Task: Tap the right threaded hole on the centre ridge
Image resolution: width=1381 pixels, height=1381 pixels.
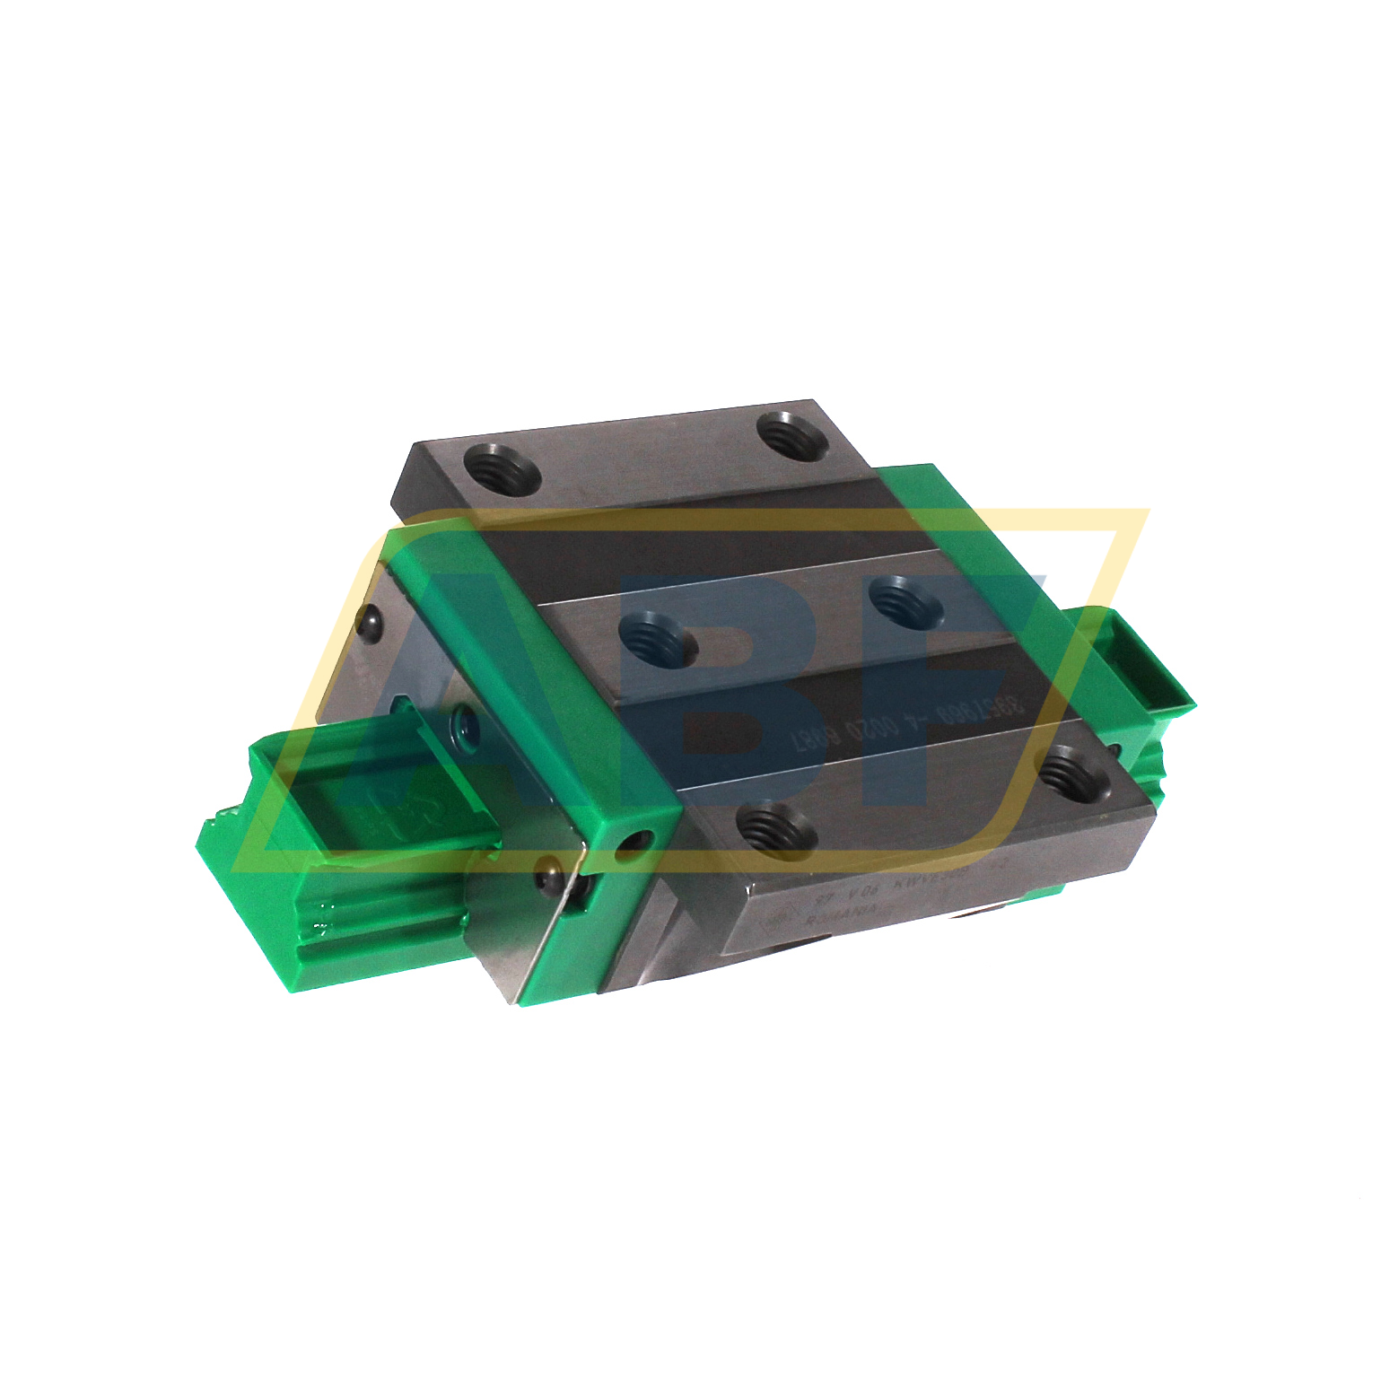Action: pos(908,601)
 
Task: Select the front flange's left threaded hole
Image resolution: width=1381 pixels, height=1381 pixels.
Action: pos(775,826)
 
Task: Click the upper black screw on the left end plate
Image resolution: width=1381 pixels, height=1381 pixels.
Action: pos(367,622)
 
